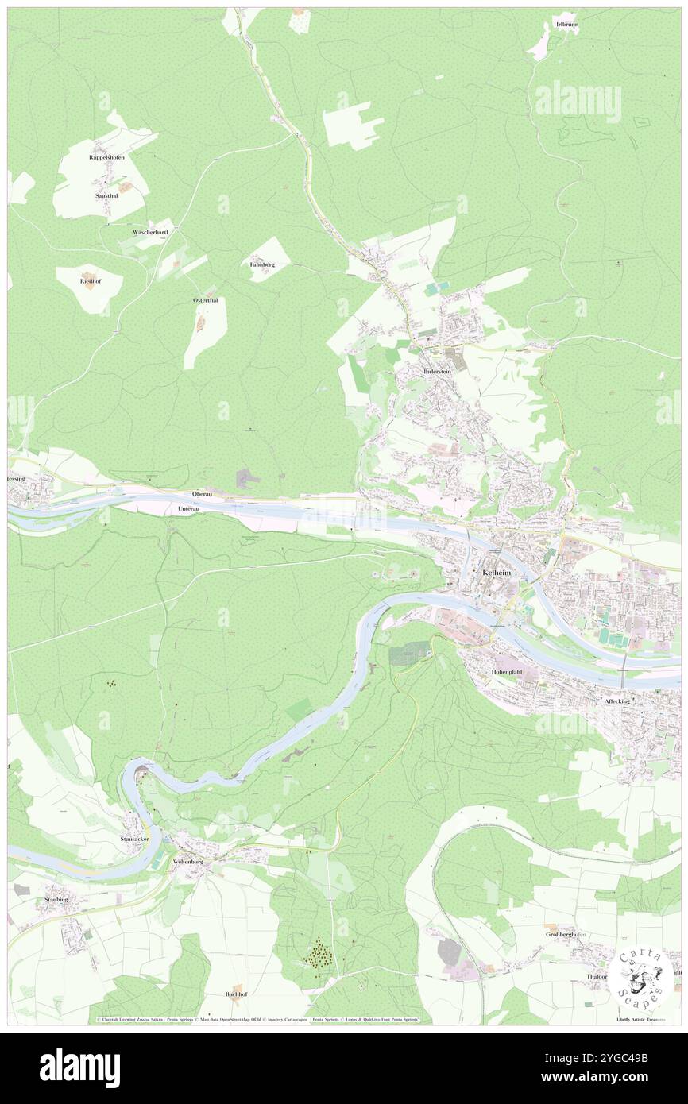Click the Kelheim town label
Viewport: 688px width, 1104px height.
[496, 573]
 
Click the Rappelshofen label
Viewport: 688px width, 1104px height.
[106, 157]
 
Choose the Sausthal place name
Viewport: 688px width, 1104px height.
[106, 195]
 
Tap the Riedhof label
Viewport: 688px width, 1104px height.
[90, 280]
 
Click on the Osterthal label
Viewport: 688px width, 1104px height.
[206, 300]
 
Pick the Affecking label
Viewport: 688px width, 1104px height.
[617, 701]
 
